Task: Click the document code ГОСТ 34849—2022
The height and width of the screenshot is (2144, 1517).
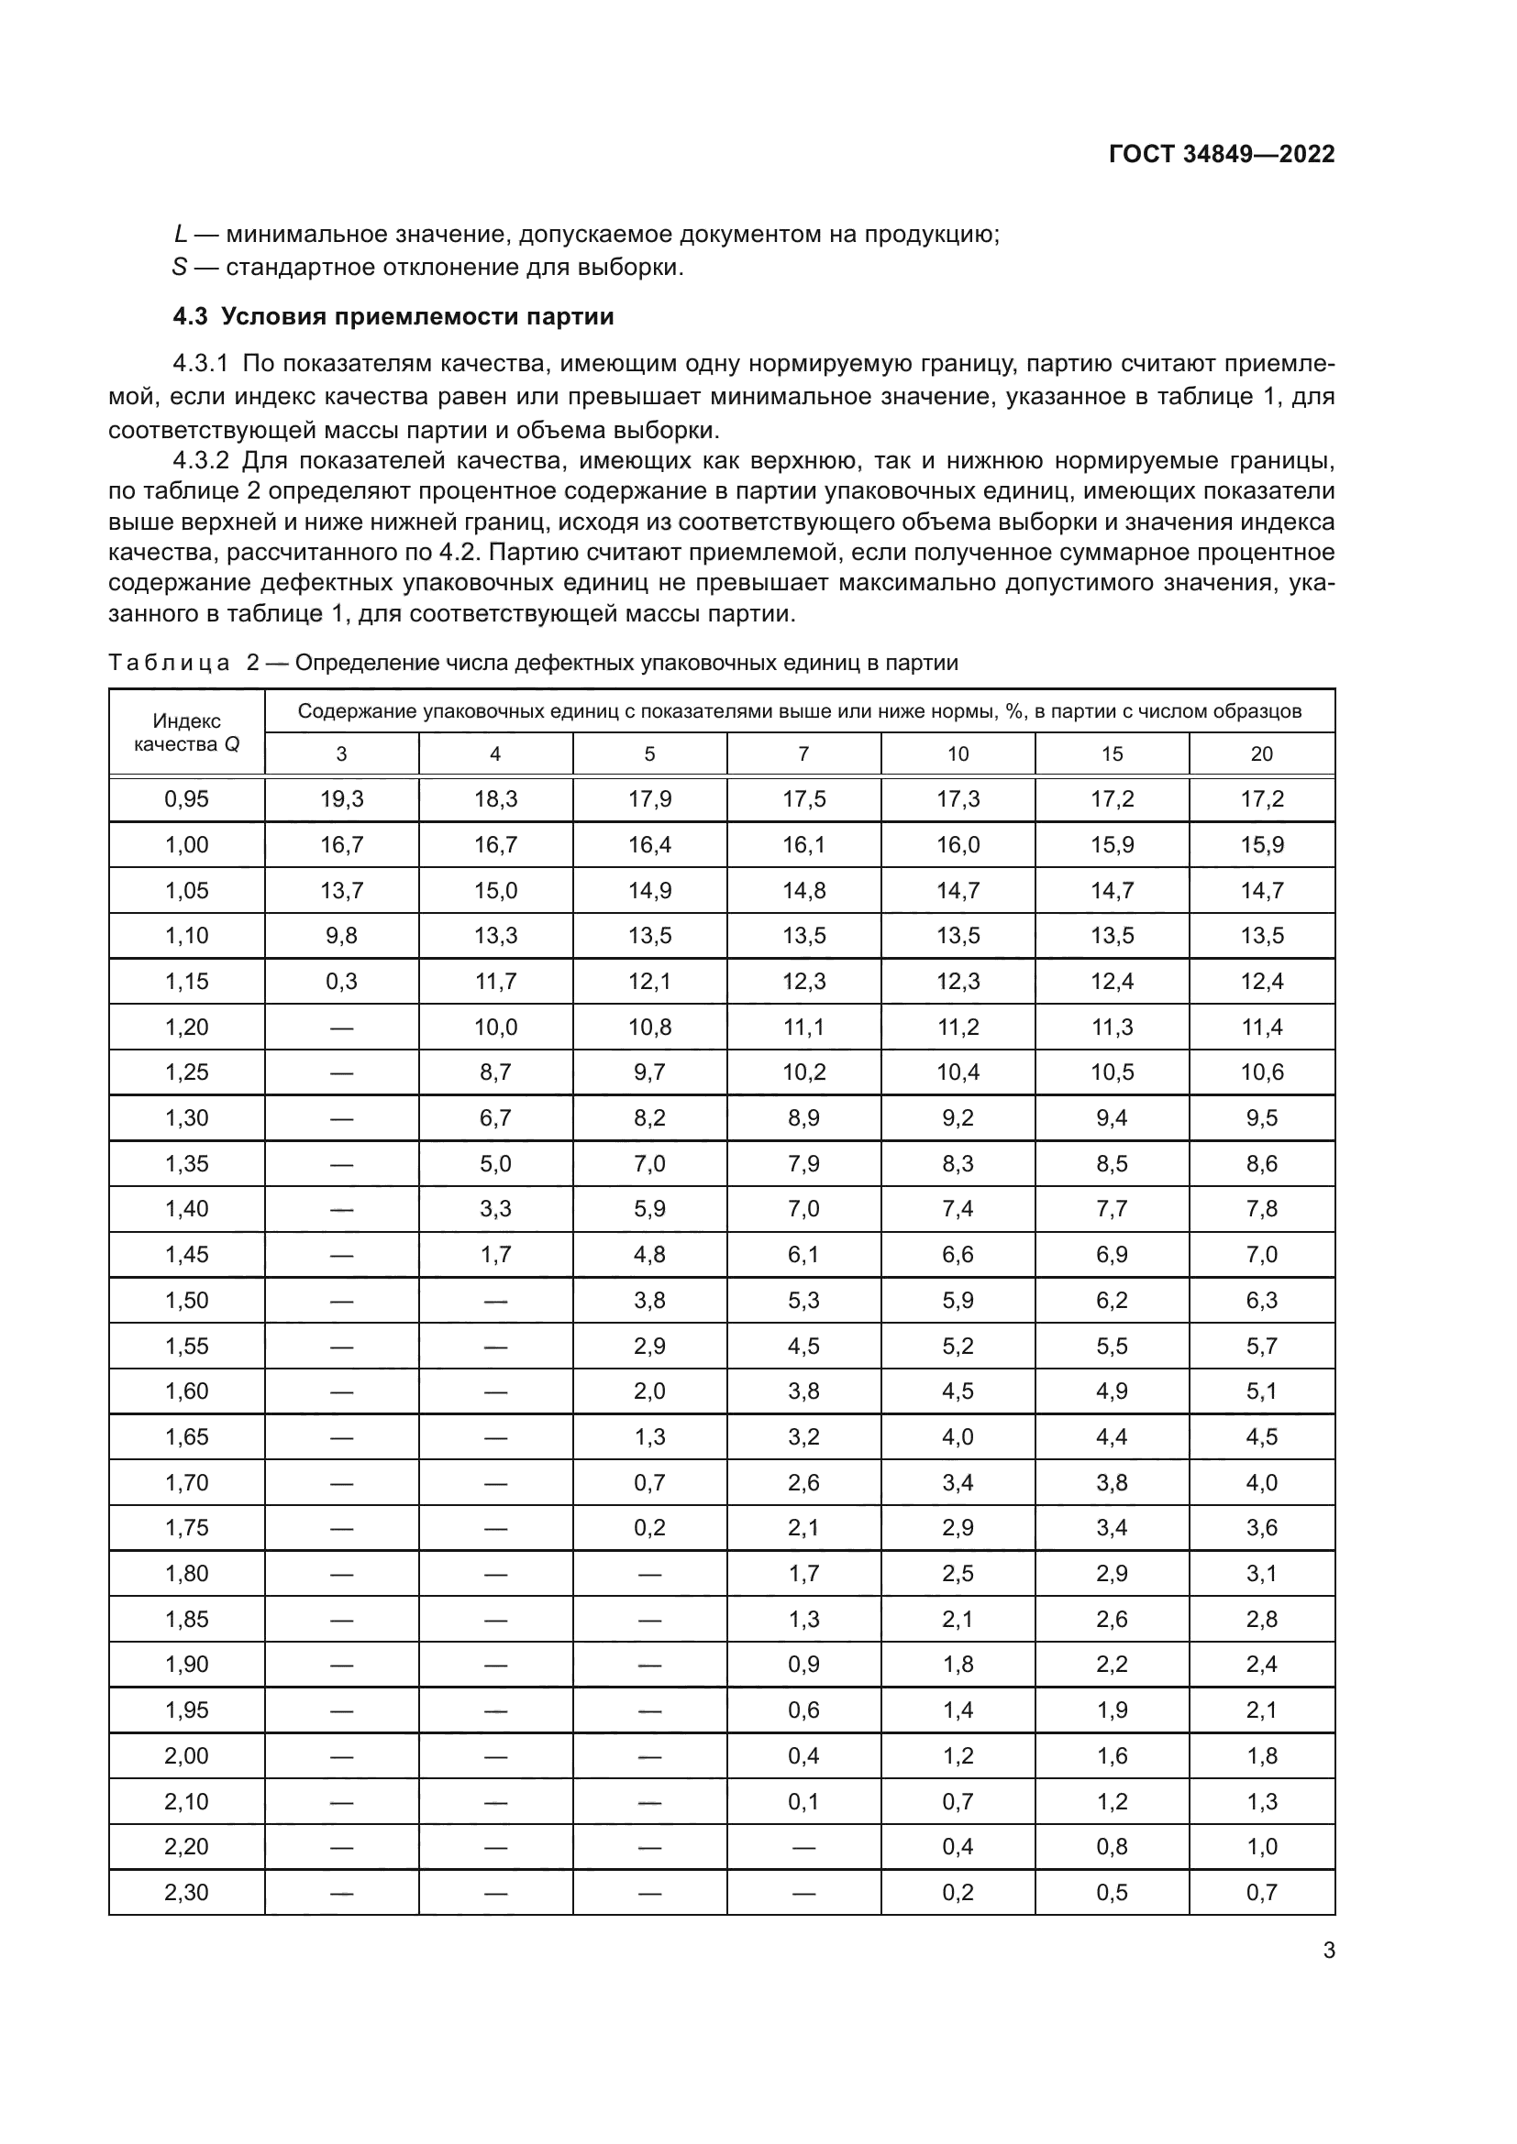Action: pyautogui.click(x=1222, y=154)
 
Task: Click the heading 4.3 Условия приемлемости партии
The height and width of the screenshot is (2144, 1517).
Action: pyautogui.click(x=393, y=316)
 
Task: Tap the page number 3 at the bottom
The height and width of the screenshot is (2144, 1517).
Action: pyautogui.click(x=1328, y=1951)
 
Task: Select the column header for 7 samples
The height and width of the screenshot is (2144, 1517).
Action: pyautogui.click(x=803, y=753)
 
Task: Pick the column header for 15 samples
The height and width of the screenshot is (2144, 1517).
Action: pyautogui.click(x=1112, y=753)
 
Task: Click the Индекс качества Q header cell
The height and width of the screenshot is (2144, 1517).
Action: pyautogui.click(x=187, y=732)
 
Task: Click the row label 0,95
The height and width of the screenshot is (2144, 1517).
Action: pyautogui.click(x=187, y=798)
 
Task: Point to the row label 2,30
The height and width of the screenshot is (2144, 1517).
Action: pyautogui.click(x=187, y=1893)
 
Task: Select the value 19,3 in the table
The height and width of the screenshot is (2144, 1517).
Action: pyautogui.click(x=341, y=798)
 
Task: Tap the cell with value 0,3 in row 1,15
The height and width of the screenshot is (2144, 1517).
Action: pyautogui.click(x=341, y=982)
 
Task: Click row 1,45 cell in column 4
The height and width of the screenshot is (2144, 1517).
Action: pyautogui.click(x=495, y=1254)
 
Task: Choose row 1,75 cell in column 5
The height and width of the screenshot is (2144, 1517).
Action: pyautogui.click(x=649, y=1528)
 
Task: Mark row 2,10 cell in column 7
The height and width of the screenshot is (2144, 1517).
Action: pyautogui.click(x=803, y=1801)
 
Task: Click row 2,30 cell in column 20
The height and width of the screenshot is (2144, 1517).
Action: pyautogui.click(x=1261, y=1893)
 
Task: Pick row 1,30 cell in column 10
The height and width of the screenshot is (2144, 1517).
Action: pyautogui.click(x=958, y=1117)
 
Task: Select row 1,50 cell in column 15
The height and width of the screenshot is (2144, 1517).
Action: pyautogui.click(x=1112, y=1300)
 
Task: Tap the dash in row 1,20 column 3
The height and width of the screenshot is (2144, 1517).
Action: pyautogui.click(x=341, y=1028)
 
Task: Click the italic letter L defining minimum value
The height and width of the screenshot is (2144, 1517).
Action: pyautogui.click(x=181, y=235)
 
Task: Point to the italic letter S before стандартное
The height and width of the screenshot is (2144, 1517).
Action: pyautogui.click(x=180, y=268)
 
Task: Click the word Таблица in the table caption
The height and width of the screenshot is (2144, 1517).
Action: pyautogui.click(x=169, y=663)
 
